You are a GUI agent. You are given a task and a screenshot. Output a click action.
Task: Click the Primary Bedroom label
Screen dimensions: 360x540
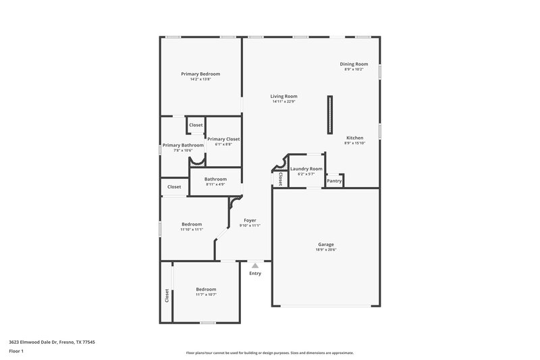(200, 74)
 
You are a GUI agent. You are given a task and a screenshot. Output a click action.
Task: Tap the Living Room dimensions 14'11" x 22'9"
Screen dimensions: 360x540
(284, 102)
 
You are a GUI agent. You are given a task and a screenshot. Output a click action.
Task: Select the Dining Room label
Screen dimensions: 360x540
(354, 64)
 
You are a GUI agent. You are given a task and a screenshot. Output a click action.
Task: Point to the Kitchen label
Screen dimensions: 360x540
(354, 137)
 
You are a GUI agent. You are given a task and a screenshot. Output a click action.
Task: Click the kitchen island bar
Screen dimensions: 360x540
(329, 115)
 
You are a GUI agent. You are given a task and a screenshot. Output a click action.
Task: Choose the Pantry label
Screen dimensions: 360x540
(334, 181)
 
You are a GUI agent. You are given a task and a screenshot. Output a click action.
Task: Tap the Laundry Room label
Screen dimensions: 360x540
(306, 169)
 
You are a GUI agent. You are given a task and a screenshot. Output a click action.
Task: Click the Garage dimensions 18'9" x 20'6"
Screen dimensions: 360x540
(326, 250)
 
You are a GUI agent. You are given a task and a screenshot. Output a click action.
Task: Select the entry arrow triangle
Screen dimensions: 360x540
(254, 266)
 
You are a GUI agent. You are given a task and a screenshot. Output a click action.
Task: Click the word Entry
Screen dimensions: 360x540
(254, 274)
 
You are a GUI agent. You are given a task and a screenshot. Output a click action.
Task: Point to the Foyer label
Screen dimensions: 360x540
(250, 220)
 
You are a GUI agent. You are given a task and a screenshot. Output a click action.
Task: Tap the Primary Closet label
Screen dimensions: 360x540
(223, 139)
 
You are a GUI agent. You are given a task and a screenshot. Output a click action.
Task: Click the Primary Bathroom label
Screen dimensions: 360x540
(183, 145)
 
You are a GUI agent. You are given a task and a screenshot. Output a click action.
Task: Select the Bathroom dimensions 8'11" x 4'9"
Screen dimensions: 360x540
(215, 184)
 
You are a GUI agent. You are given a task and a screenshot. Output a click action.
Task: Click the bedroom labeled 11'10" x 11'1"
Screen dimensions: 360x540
(192, 224)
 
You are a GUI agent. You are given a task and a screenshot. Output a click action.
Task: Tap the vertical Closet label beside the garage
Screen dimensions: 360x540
(280, 179)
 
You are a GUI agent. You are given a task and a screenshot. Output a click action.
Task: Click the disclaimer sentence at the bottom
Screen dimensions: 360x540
(269, 353)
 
